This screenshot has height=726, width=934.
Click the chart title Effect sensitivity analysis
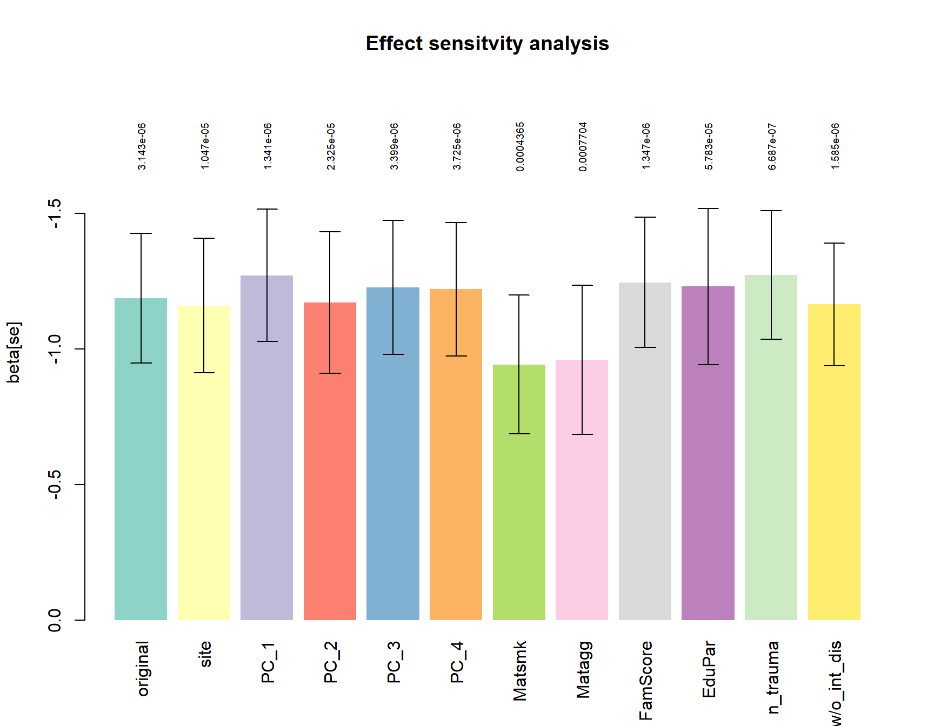coord(487,44)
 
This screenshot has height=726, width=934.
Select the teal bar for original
coord(141,459)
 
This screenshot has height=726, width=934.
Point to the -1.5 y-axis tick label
coord(55,214)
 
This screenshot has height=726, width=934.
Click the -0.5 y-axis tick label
coord(55,485)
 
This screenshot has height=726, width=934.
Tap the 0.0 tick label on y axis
coord(55,620)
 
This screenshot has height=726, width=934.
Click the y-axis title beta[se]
coord(14,352)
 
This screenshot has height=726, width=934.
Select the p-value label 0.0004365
coord(520,147)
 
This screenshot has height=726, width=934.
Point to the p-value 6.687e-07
coord(772,147)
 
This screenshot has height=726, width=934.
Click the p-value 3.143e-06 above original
coord(142,147)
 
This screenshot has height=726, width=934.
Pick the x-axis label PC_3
coord(393,662)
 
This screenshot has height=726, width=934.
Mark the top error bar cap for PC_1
coord(267,209)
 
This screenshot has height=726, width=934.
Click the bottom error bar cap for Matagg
coord(582,434)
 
